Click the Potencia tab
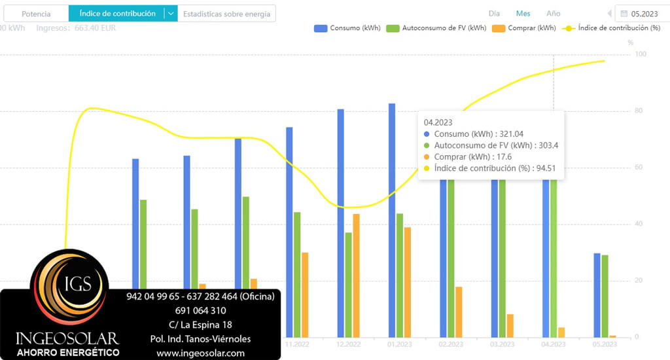[36, 14]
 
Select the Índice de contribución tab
[117, 14]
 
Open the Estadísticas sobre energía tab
[226, 14]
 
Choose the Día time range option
[494, 14]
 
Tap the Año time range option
[553, 14]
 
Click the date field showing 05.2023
[644, 14]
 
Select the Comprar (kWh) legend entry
[523, 28]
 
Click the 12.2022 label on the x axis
[348, 344]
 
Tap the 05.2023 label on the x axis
[604, 344]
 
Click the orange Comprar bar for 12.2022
[356, 275]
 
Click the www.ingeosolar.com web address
[200, 353]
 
